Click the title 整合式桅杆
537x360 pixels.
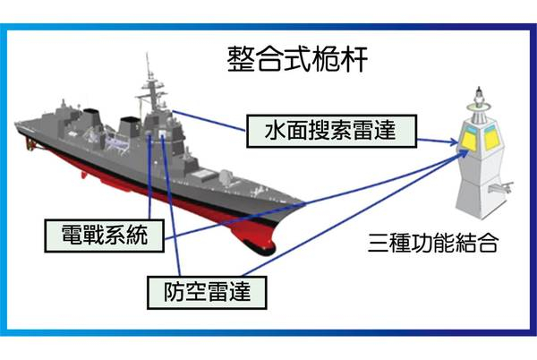click(x=298, y=59)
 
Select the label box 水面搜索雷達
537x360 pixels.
click(x=331, y=131)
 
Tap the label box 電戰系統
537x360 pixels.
click(x=105, y=236)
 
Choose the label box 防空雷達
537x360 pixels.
click(x=207, y=292)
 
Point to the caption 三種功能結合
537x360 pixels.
click(x=433, y=244)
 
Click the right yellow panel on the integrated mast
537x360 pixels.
click(x=490, y=139)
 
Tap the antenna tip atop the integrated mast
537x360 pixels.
click(x=479, y=89)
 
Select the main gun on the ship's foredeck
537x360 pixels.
click(x=225, y=177)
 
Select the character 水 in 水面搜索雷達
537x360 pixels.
click(x=276, y=131)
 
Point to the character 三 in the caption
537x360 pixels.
click(x=379, y=244)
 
